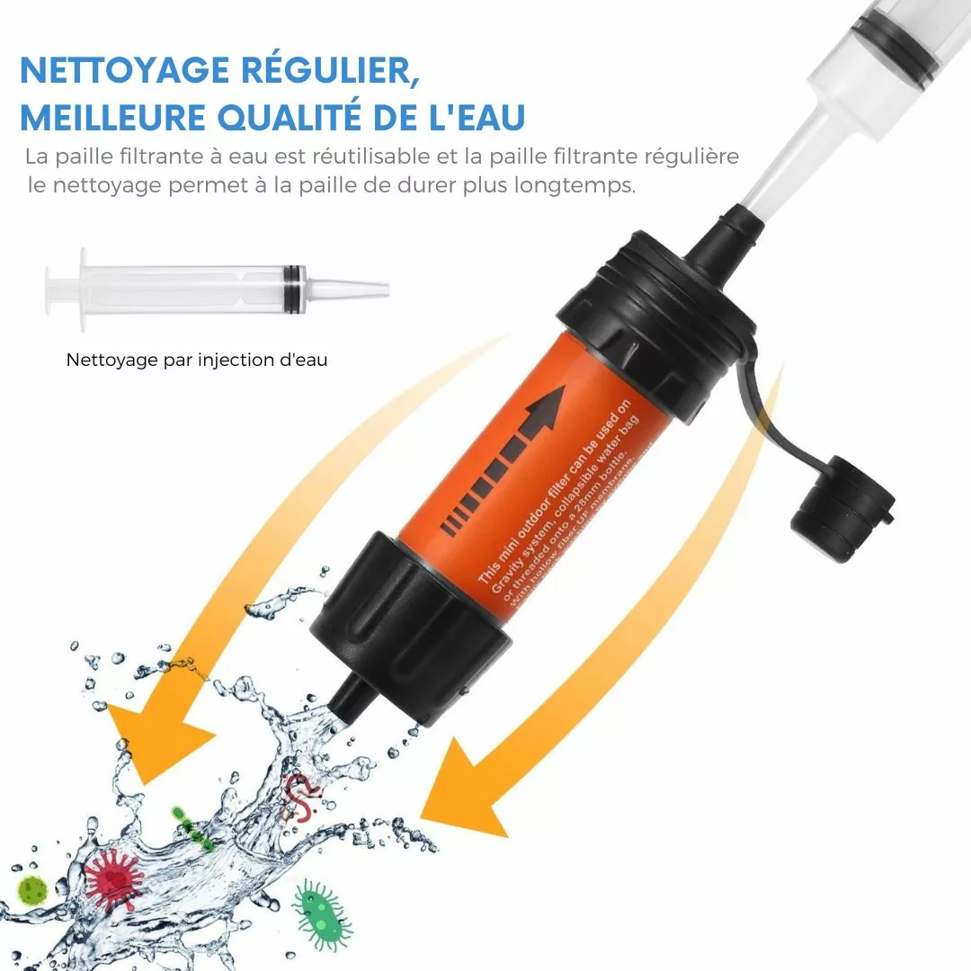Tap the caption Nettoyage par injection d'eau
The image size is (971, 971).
(197, 361)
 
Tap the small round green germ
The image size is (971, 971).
(33, 890)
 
